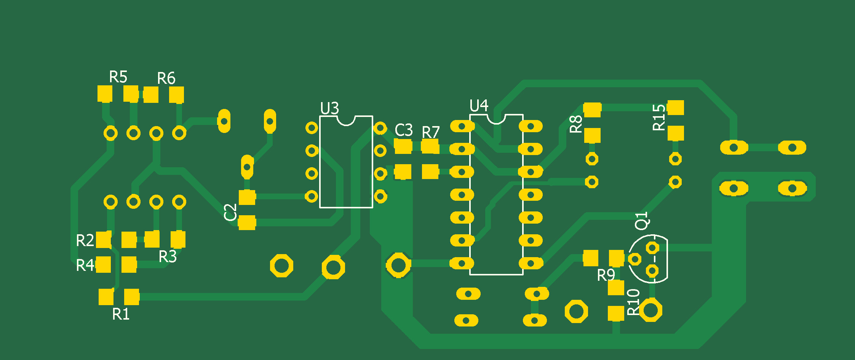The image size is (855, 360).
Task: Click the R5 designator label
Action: [x=118, y=77]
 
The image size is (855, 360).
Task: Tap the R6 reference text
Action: [x=166, y=78]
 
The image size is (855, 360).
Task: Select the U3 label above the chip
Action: [x=329, y=109]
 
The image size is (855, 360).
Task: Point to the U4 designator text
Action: [x=479, y=106]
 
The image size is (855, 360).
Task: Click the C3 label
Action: [x=404, y=130]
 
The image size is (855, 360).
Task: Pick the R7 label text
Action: [x=431, y=133]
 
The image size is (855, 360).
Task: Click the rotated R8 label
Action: [x=576, y=124]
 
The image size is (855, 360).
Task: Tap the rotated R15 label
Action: [x=659, y=118]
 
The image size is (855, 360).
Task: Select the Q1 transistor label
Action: [x=641, y=221]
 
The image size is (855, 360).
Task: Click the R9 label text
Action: [x=606, y=275]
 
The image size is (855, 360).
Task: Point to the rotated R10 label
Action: [x=633, y=302]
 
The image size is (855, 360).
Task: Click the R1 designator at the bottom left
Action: [x=121, y=314]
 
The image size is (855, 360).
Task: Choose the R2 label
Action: [x=85, y=241]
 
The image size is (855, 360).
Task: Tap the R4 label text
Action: [x=85, y=266]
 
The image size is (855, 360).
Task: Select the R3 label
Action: [x=168, y=257]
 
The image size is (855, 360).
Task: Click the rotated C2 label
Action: [x=230, y=212]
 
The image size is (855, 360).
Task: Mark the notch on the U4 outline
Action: [x=496, y=119]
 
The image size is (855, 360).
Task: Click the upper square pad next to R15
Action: [x=676, y=108]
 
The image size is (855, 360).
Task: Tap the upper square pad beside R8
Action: [x=592, y=110]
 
